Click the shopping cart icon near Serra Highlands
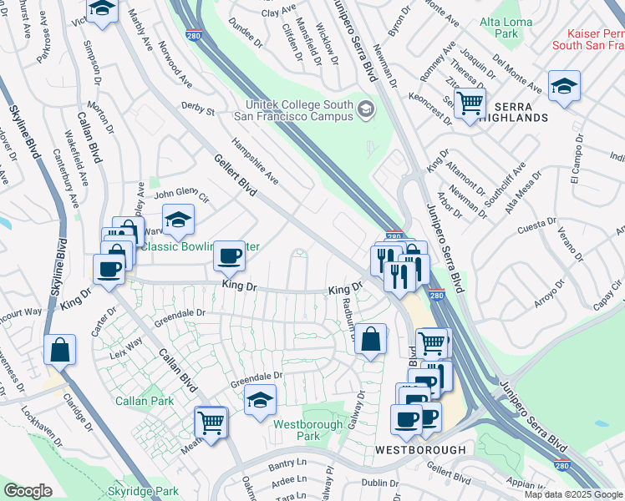470,104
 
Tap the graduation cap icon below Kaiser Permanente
564,86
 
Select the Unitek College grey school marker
365,110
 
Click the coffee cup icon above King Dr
229,256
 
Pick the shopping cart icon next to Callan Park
211,423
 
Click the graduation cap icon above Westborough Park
261,400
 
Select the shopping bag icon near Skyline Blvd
60,351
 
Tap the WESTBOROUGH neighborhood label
420,450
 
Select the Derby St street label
198,109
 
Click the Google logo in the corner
28,491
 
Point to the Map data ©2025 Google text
573,494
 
